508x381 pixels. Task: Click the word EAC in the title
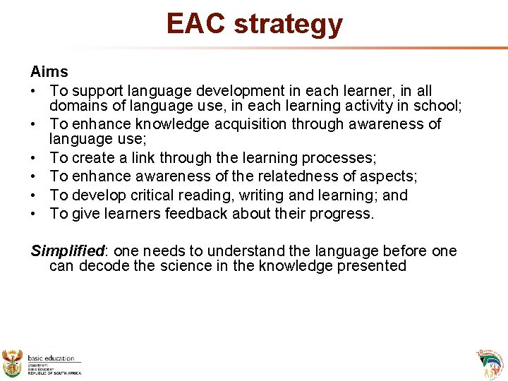click(x=196, y=23)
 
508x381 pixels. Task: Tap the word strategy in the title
click(x=288, y=25)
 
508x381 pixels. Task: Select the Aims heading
click(x=49, y=71)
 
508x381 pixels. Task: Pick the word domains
click(x=78, y=106)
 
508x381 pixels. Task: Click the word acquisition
click(x=237, y=124)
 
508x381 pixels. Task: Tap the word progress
click(x=342, y=214)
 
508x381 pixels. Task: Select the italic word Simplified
click(x=67, y=251)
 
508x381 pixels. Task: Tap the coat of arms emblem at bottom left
click(x=13, y=363)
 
